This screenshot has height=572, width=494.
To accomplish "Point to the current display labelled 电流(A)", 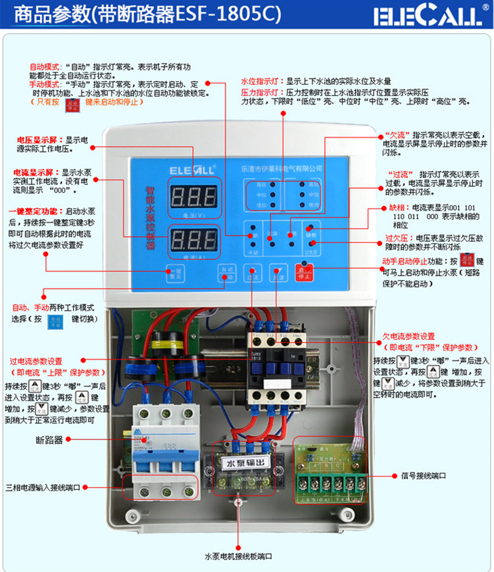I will point(194,241).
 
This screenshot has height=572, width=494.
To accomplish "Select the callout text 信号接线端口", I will point(424,476).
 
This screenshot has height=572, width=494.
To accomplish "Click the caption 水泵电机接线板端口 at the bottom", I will point(239,557).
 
